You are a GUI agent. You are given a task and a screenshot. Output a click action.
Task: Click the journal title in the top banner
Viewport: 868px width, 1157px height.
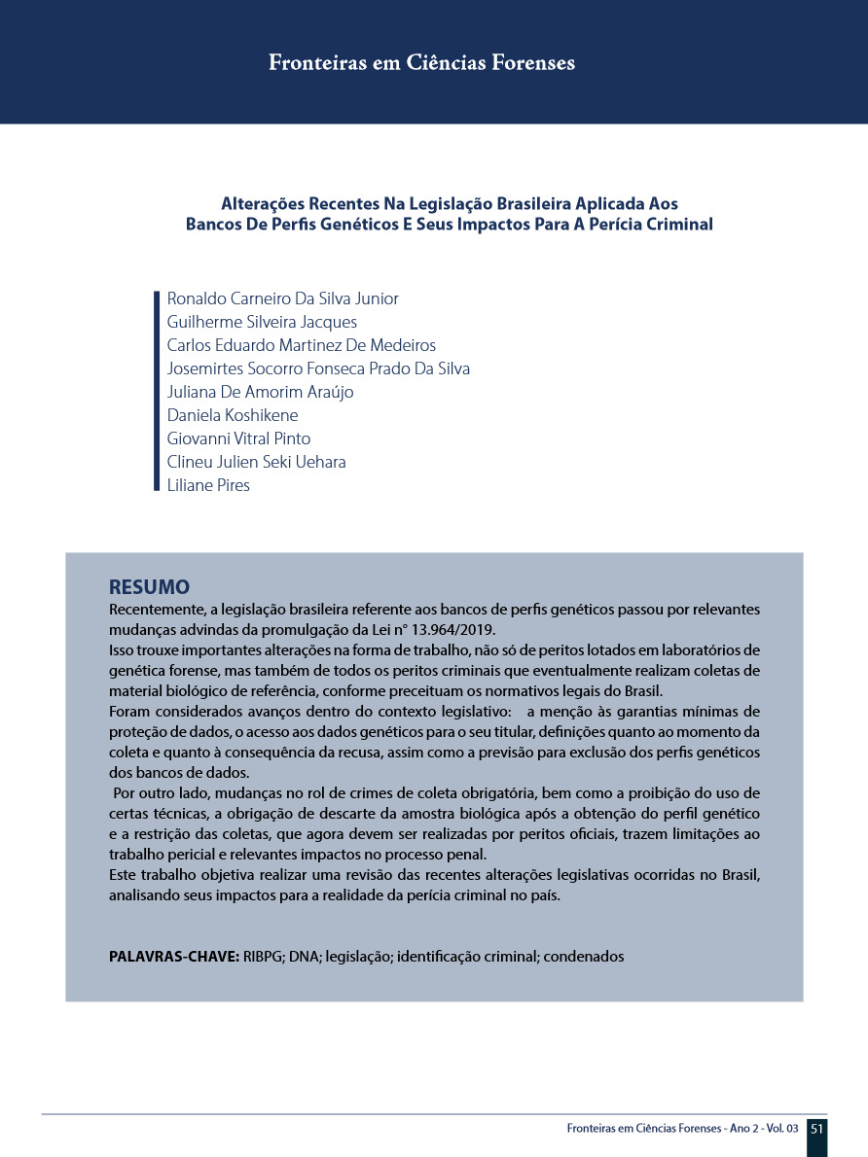click(421, 63)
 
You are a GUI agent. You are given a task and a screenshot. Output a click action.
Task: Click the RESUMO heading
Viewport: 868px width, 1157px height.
click(149, 587)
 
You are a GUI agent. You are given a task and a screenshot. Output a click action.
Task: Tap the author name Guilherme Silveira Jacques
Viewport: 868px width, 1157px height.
click(262, 322)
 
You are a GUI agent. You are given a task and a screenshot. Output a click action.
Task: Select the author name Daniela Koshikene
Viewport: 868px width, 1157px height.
click(233, 415)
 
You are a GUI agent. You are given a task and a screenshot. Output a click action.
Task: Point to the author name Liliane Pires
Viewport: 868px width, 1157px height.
click(208, 485)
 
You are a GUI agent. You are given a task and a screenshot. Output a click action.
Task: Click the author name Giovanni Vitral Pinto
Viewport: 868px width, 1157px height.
click(238, 438)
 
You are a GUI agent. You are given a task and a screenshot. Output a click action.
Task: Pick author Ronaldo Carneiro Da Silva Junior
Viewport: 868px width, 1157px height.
click(282, 298)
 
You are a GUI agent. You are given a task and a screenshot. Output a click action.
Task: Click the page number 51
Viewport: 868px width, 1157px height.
click(816, 1128)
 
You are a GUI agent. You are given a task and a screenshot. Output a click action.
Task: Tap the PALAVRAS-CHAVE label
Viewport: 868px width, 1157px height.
click(173, 956)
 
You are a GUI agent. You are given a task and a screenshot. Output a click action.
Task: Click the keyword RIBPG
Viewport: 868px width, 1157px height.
click(264, 956)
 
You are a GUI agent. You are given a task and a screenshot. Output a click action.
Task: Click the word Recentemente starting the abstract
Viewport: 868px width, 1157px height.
click(154, 610)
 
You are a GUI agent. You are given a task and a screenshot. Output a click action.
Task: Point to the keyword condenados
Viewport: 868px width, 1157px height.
click(584, 956)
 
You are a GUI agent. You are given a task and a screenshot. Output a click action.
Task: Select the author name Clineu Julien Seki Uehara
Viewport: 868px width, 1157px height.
click(256, 462)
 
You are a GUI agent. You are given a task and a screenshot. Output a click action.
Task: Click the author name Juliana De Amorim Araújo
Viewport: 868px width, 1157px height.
click(260, 392)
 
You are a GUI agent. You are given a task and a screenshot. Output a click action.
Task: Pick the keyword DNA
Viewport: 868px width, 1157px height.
click(305, 956)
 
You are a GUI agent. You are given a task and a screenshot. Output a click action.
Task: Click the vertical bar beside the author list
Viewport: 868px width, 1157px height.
click(157, 392)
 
